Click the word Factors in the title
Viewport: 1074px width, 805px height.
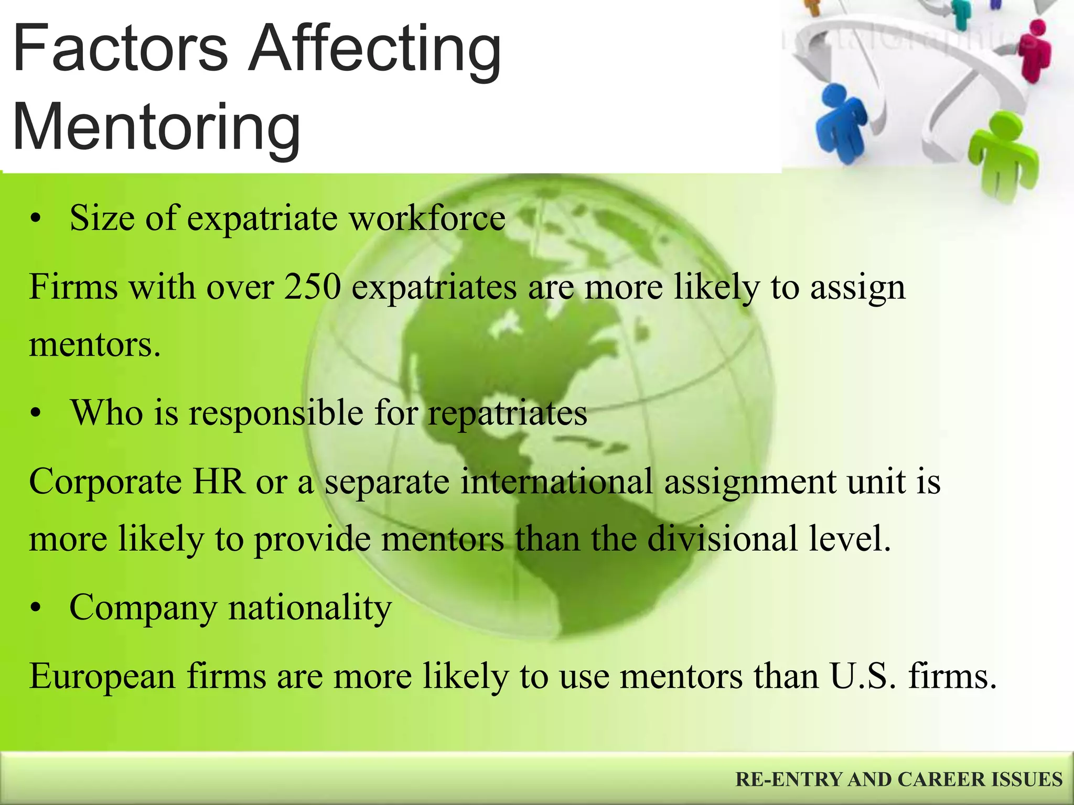pos(120,49)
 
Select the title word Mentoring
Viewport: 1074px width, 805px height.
pos(156,128)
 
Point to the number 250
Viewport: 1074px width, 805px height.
pos(313,287)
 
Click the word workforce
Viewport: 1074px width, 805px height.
pos(427,218)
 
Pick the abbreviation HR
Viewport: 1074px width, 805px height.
pos(218,481)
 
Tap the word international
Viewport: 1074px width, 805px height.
pos(556,481)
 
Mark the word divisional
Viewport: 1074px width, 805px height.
pos(723,539)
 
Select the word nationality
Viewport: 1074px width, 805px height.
pos(309,608)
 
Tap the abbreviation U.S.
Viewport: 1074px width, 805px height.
pos(863,676)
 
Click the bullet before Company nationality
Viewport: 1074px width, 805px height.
pos(35,608)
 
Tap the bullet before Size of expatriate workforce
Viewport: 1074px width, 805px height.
pos(35,219)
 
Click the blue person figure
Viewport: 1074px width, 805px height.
pos(840,123)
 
